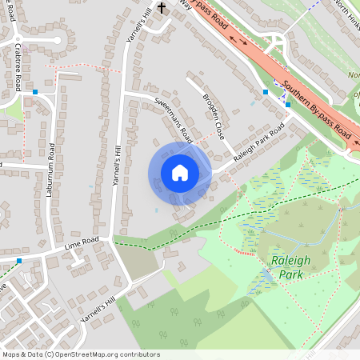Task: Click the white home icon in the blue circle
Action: pos(180,173)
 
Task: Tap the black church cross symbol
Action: pos(162,8)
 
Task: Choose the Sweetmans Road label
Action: pos(173,116)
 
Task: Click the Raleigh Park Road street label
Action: pos(259,144)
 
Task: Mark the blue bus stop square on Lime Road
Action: pos(19,261)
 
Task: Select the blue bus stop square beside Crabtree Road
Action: pos(35,93)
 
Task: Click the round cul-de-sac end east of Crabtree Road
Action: pos(56,40)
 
